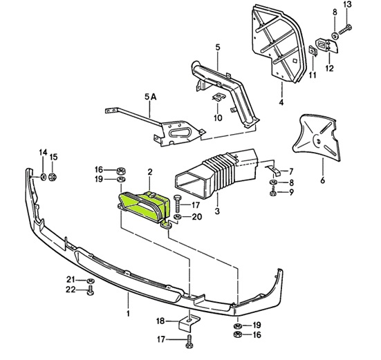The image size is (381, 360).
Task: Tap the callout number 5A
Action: pos(151,97)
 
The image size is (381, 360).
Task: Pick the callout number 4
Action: pos(281,103)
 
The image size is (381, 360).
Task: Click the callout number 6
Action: pos(322,180)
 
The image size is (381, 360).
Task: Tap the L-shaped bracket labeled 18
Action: pos(189,323)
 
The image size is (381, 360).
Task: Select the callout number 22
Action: pos(71,290)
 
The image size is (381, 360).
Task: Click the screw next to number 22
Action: pos(90,290)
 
